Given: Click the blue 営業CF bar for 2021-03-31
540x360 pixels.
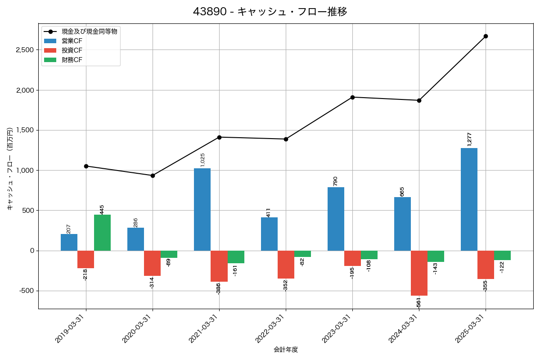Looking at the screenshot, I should coord(202,209).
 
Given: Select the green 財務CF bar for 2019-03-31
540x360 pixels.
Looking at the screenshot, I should coord(102,233).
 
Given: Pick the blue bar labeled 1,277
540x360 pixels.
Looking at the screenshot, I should coord(469,199).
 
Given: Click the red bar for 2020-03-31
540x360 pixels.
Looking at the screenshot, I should coord(152,263).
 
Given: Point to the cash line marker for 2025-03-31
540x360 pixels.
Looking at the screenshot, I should coord(486,36).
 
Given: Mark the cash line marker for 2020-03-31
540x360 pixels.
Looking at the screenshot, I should coord(153,175).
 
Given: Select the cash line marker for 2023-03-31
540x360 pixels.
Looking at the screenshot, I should coord(352,97).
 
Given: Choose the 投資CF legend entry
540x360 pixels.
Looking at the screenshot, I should coord(72,50).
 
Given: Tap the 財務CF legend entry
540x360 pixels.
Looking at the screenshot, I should coord(72,60).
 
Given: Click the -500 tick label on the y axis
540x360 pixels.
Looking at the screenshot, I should coord(27,291).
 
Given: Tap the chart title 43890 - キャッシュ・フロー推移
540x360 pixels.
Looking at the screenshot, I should coord(270,12).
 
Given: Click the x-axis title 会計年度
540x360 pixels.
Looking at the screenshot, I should coord(286,350).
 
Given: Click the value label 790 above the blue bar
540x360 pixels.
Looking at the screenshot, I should coord(335,181).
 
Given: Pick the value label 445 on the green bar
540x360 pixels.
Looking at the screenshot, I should coord(102,209).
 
